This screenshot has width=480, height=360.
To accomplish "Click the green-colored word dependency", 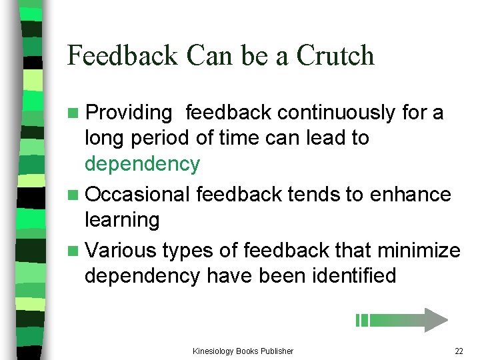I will pos(142,163).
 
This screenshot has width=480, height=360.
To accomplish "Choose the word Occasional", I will pos(138,194).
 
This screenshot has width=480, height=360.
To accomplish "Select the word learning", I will pos(122,219).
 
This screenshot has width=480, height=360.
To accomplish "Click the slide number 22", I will pos(458,351).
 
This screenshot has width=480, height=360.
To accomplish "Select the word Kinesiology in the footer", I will pos(213,351).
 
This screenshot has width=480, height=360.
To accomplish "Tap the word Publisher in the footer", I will pos(276,351).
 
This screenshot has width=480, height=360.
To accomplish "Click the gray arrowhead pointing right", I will pos(435,320).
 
